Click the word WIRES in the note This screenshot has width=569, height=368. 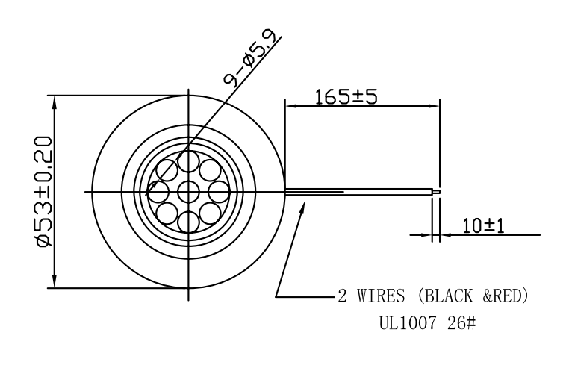[380, 296]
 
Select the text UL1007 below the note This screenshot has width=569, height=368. [411, 327]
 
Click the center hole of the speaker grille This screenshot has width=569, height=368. [187, 192]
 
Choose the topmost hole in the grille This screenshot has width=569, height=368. [187, 163]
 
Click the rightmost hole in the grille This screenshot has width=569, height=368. [217, 192]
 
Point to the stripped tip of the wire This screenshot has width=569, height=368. [437, 192]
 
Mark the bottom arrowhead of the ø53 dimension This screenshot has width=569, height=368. [55, 283]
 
